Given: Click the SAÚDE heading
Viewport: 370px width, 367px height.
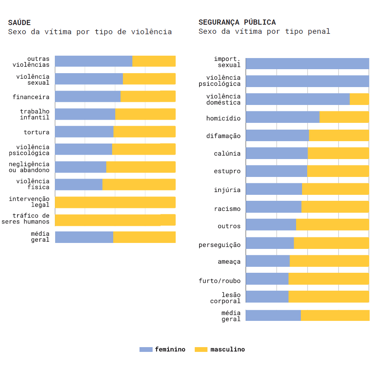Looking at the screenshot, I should (x=19, y=23).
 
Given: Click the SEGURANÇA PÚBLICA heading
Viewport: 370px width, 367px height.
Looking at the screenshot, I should (x=237, y=22).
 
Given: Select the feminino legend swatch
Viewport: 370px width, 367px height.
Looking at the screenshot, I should (x=146, y=350).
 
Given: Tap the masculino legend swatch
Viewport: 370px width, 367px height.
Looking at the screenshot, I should (x=201, y=350).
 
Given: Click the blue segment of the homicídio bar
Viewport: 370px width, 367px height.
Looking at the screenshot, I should (x=283, y=117).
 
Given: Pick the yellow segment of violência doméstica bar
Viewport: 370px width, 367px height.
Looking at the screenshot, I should (x=359, y=99).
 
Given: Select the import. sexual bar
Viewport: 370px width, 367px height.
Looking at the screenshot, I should (x=307, y=64).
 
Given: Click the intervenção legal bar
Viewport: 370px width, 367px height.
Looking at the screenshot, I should (x=115, y=202).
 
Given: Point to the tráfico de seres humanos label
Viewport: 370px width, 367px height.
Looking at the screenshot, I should (x=25, y=219).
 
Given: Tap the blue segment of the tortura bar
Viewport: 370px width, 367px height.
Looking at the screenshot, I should (x=84, y=132).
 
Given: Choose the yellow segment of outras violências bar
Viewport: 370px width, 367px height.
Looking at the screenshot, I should (x=154, y=61).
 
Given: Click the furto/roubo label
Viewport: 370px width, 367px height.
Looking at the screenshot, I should (x=219, y=281).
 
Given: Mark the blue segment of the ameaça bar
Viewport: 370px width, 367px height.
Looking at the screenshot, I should (x=268, y=261).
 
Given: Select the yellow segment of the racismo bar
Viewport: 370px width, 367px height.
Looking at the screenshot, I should (x=335, y=207).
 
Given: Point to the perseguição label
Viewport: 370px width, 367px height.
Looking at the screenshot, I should (x=219, y=245).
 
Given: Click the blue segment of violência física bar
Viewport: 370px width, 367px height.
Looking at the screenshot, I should (x=79, y=184).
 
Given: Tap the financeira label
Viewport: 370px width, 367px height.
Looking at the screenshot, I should (x=31, y=97).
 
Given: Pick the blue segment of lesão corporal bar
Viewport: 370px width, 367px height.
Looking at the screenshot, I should (x=267, y=297).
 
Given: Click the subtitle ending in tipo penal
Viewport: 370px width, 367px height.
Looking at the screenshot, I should (x=264, y=31).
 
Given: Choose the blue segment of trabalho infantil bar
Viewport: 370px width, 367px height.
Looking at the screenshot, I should (x=85, y=114).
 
